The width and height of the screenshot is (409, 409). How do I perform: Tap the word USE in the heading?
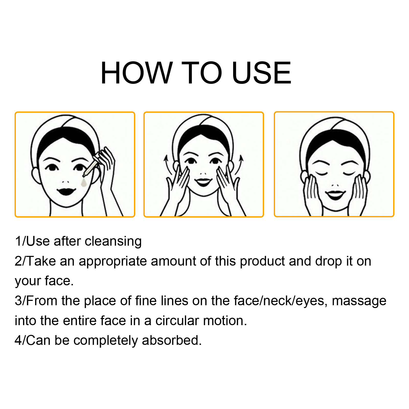262,73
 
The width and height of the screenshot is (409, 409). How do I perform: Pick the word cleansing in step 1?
113,242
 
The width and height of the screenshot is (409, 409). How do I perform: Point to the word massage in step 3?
359,301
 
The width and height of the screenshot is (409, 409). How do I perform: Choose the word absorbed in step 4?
172,340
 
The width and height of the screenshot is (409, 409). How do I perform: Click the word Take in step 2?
41,261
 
